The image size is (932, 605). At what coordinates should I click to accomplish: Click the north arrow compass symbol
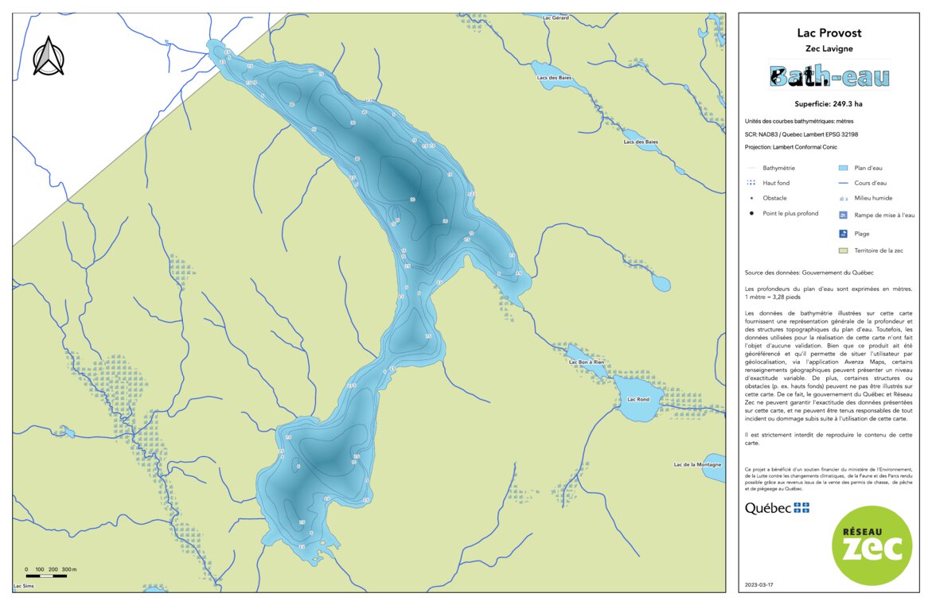[49, 56]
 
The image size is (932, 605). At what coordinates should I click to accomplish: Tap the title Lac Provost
[829, 33]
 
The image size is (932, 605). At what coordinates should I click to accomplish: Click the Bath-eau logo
[829, 76]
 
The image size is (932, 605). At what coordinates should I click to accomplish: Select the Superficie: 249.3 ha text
[829, 104]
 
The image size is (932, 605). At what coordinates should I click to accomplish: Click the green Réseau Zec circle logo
[871, 545]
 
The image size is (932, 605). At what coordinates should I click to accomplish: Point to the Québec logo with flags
[777, 508]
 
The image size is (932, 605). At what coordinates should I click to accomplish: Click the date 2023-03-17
[758, 584]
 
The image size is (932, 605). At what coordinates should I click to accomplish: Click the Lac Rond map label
[638, 399]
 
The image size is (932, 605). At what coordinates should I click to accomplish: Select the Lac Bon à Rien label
[587, 362]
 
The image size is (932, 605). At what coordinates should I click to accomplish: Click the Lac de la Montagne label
[697, 464]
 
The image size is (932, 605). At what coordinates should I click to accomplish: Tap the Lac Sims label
[23, 586]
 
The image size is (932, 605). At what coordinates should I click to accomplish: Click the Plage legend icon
[843, 234]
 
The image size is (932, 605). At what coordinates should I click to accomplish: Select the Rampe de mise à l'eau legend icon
[843, 215]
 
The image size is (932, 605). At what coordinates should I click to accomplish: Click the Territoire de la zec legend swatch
[843, 250]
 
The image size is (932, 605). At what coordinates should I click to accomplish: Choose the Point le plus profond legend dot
[752, 213]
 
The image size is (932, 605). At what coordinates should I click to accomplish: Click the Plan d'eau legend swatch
[843, 168]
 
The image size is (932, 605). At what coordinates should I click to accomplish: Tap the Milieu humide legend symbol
[843, 198]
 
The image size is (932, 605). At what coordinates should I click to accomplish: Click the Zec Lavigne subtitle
[829, 48]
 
